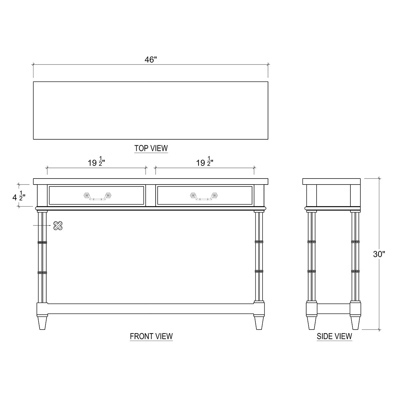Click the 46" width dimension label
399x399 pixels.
tap(151, 60)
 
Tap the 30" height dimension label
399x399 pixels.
tap(379, 254)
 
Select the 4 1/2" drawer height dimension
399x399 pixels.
tap(19, 197)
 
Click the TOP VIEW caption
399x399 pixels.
tap(151, 148)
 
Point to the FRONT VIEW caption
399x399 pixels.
tap(151, 336)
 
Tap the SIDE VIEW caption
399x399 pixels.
tap(334, 336)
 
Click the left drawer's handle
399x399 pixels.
tap(97, 196)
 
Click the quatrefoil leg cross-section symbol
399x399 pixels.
tap(58, 226)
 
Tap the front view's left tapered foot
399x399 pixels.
tap(42, 322)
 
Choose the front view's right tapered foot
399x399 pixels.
tap(259, 322)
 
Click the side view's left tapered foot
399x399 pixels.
tap(312, 322)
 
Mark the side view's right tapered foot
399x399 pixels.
tap(355, 322)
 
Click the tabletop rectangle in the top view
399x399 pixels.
tap(151, 110)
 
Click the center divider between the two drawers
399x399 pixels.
tap(151, 196)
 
